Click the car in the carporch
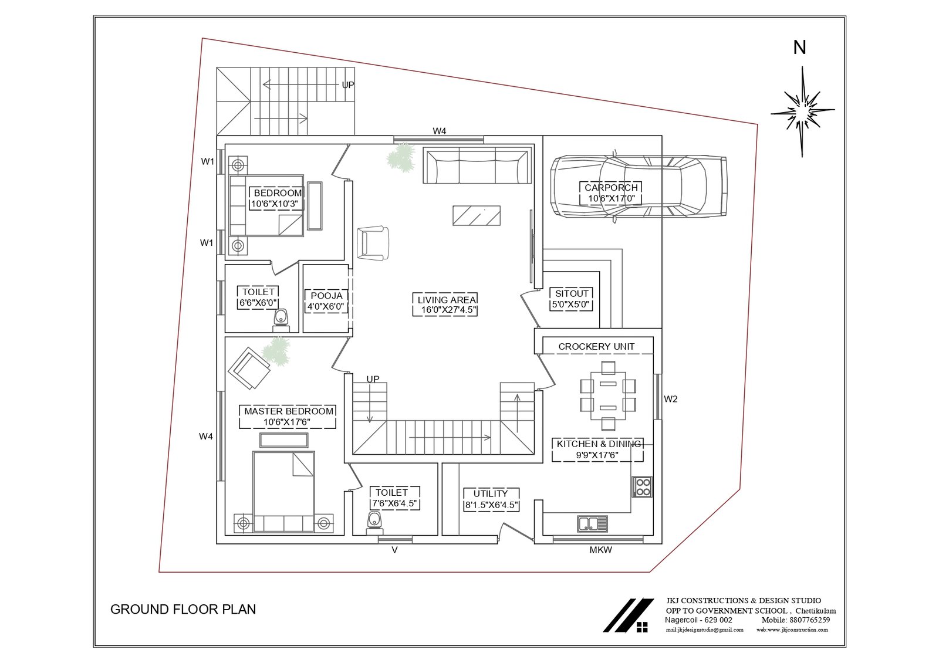pyautogui.click(x=639, y=187)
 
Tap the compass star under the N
pyautogui.click(x=802, y=111)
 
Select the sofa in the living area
pyautogui.click(x=478, y=165)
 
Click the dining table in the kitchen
pyautogui.click(x=608, y=396)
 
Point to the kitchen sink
pyautogui.click(x=592, y=523)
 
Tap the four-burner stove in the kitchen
pyautogui.click(x=643, y=486)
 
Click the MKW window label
pyautogui.click(x=601, y=550)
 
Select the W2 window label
pyautogui.click(x=670, y=399)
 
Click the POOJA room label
pyautogui.click(x=326, y=296)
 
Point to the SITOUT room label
pyautogui.click(x=572, y=293)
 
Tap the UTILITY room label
pyautogui.click(x=491, y=493)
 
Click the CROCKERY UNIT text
pyautogui.click(x=596, y=347)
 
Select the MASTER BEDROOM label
pyautogui.click(x=289, y=411)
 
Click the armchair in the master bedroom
pyautogui.click(x=249, y=368)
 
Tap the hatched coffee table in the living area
pyautogui.click(x=477, y=215)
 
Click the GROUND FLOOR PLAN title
pyautogui.click(x=183, y=610)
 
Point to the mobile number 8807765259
pyautogui.click(x=809, y=620)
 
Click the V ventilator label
pyautogui.click(x=394, y=550)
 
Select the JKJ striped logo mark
pyautogui.click(x=628, y=615)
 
